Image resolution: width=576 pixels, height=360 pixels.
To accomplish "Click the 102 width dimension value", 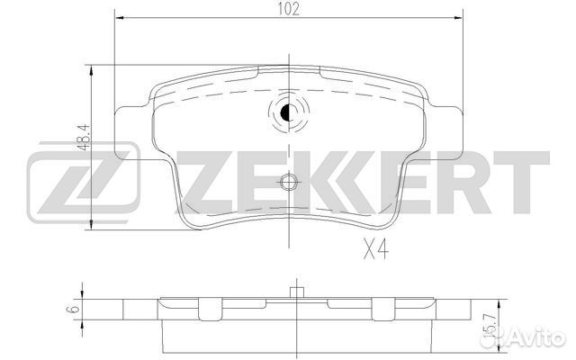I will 288,10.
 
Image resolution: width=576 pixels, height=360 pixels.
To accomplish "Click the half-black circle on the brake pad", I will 288,113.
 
